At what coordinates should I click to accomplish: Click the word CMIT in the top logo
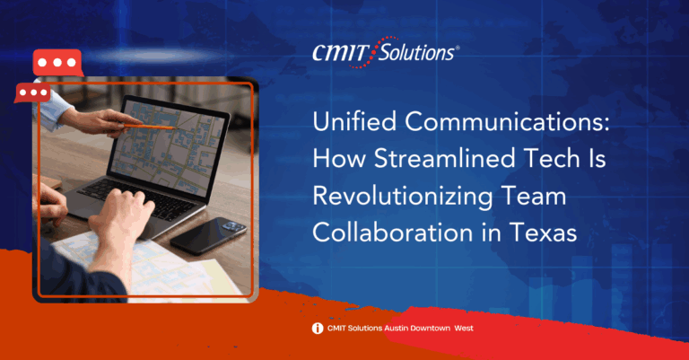(340, 53)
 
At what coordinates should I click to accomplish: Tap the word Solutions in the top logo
(415, 52)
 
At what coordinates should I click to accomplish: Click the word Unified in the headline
(354, 121)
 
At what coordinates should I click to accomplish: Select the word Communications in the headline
(507, 122)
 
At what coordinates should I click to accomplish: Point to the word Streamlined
(444, 158)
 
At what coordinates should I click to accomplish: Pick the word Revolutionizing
(402, 197)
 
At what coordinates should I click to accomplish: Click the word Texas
(543, 233)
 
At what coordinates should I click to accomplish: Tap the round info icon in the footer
(318, 329)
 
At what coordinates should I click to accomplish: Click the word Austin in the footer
(397, 328)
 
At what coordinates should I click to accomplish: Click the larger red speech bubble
(57, 63)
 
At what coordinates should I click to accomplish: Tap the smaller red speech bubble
(33, 92)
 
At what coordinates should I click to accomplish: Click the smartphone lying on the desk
(209, 235)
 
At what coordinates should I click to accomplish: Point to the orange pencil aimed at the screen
(149, 127)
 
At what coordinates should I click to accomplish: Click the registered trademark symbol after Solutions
(458, 48)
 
